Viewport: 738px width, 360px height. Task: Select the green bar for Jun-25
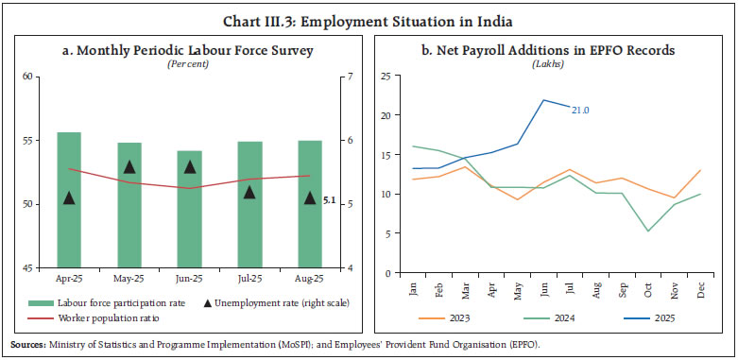(189, 209)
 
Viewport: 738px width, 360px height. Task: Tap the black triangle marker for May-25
(129, 167)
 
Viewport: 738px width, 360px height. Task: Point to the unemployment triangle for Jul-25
(249, 192)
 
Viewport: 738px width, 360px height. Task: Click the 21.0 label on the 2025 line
(580, 110)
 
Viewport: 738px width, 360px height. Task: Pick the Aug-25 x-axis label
(309, 281)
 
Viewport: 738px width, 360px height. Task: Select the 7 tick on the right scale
(351, 76)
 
